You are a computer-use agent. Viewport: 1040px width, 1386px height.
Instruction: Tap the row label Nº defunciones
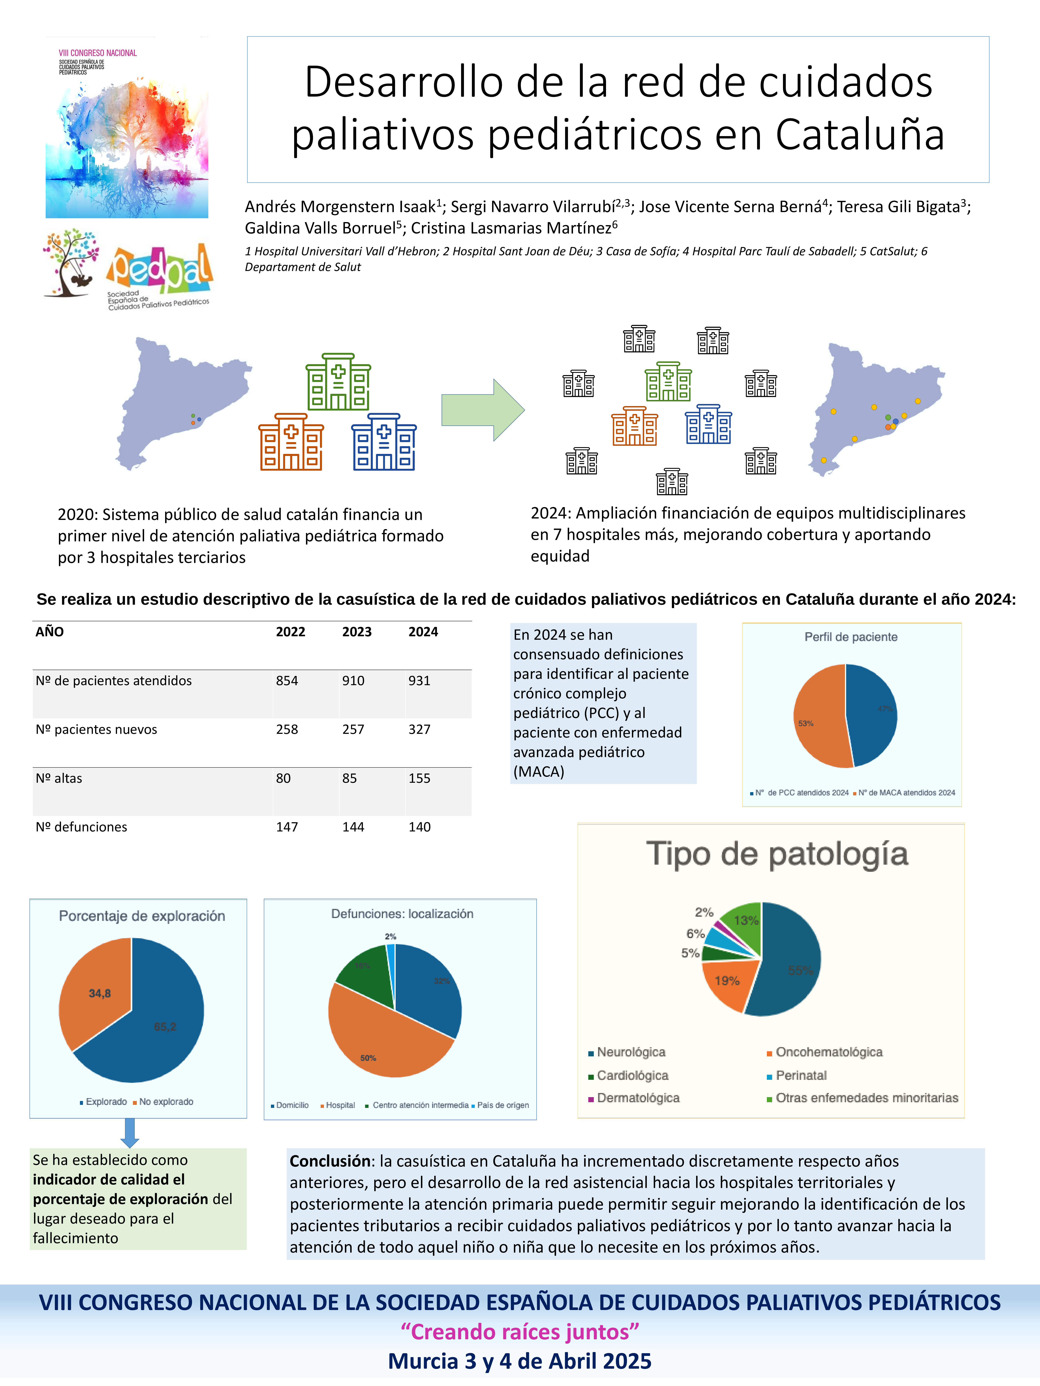[x=82, y=827]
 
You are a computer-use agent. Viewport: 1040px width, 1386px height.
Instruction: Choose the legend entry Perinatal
[x=801, y=1075]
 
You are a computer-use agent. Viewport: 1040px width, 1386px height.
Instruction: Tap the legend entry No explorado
[x=166, y=1102]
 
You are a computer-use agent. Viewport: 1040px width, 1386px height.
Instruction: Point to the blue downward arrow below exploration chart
[x=130, y=1133]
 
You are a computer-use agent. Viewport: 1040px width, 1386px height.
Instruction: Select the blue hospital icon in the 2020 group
[x=384, y=442]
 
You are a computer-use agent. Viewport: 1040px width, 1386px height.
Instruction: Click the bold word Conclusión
[x=330, y=1161]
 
